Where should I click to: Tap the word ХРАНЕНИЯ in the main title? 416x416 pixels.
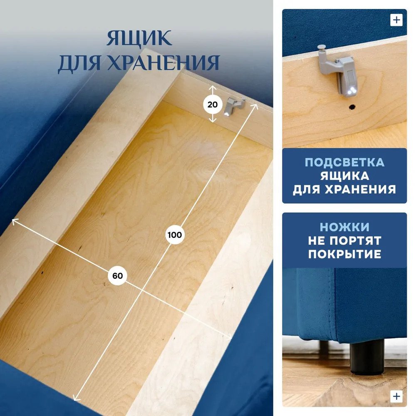click(163, 63)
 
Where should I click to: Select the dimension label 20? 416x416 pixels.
click(213, 104)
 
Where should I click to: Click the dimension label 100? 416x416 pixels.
click(175, 235)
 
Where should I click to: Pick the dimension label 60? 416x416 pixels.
click(118, 276)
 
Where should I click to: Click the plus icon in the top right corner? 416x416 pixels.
click(396, 20)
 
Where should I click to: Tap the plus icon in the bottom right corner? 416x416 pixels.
click(396, 396)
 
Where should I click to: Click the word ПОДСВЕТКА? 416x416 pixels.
click(344, 162)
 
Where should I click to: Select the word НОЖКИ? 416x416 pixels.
click(344, 227)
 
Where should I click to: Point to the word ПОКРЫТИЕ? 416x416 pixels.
click(344, 254)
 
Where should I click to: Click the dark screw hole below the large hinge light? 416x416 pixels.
click(352, 107)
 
